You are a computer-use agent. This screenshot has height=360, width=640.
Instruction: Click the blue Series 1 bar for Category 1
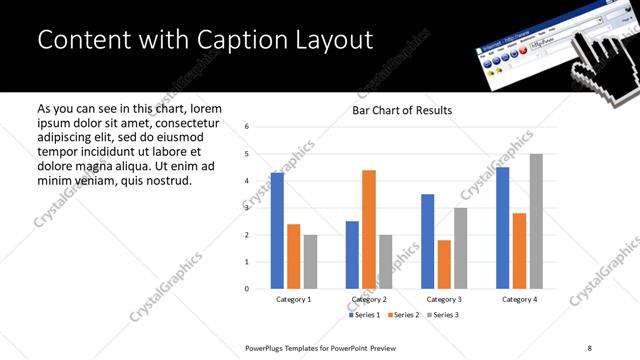pyautogui.click(x=277, y=231)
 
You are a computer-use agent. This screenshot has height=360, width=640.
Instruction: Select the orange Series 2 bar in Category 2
pyautogui.click(x=368, y=229)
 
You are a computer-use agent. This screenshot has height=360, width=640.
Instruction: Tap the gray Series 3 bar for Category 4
pyautogui.click(x=535, y=221)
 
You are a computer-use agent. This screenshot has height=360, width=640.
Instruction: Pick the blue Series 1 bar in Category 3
pyautogui.click(x=427, y=241)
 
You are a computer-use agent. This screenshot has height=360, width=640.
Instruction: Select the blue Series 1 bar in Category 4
pyautogui.click(x=502, y=228)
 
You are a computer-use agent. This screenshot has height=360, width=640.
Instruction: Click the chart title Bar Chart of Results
pyautogui.click(x=402, y=110)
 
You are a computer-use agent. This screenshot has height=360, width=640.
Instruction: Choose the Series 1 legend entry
pyautogui.click(x=363, y=315)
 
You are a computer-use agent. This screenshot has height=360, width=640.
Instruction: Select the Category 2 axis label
pyautogui.click(x=369, y=299)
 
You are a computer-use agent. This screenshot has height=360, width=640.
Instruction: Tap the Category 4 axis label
pyautogui.click(x=519, y=299)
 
